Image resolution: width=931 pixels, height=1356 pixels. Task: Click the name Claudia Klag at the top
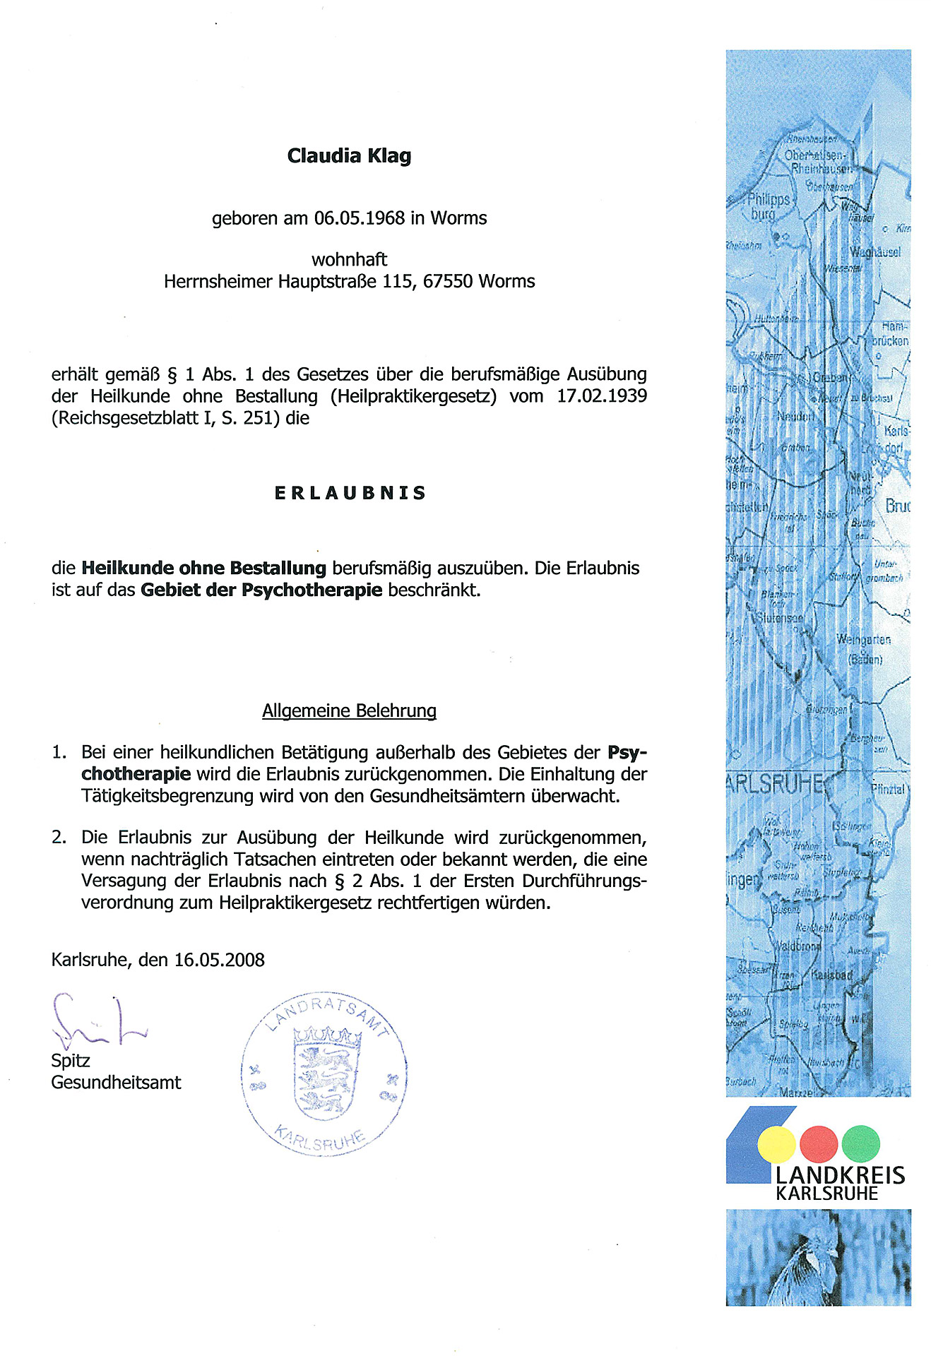[x=349, y=156]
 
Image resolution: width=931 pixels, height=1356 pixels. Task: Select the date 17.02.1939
[x=602, y=396]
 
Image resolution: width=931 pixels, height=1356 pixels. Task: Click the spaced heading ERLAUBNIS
[x=350, y=493]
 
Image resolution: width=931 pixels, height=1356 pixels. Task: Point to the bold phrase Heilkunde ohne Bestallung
[x=204, y=569]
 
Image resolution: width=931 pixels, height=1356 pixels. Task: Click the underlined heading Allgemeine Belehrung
[x=349, y=710]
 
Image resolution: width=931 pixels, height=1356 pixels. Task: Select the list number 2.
[x=59, y=838]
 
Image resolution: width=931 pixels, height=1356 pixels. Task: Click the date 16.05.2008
[x=220, y=960]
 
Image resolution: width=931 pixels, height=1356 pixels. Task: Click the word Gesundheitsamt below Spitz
[x=116, y=1083]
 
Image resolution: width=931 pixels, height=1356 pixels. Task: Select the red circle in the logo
[x=818, y=1144]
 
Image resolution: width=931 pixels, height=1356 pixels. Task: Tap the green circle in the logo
[x=860, y=1144]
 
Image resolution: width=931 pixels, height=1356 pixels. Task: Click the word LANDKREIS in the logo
[x=840, y=1176]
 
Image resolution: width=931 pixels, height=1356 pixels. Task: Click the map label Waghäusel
[x=874, y=253]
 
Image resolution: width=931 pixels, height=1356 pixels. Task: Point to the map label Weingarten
[x=863, y=640]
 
